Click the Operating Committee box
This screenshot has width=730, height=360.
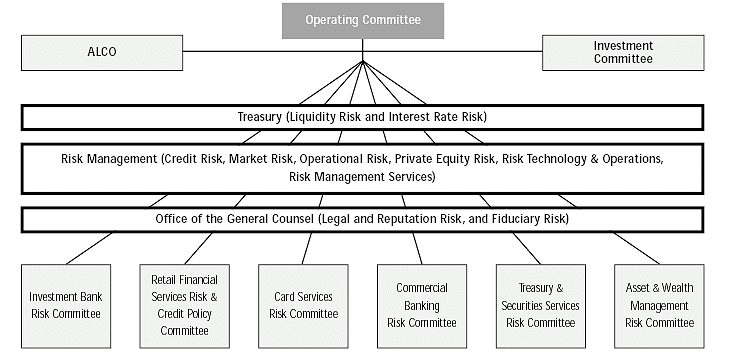point(362,20)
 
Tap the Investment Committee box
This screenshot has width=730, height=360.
point(623,52)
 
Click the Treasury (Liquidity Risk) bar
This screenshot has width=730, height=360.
point(362,117)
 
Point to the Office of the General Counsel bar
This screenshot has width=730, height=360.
point(362,219)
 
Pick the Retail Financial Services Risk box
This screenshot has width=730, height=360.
point(184,305)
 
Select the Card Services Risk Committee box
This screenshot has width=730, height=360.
point(302,305)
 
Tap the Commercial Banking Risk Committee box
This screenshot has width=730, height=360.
point(421,305)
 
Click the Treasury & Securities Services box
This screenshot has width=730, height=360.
point(542,305)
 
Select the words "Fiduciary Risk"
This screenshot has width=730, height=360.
point(527,219)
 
